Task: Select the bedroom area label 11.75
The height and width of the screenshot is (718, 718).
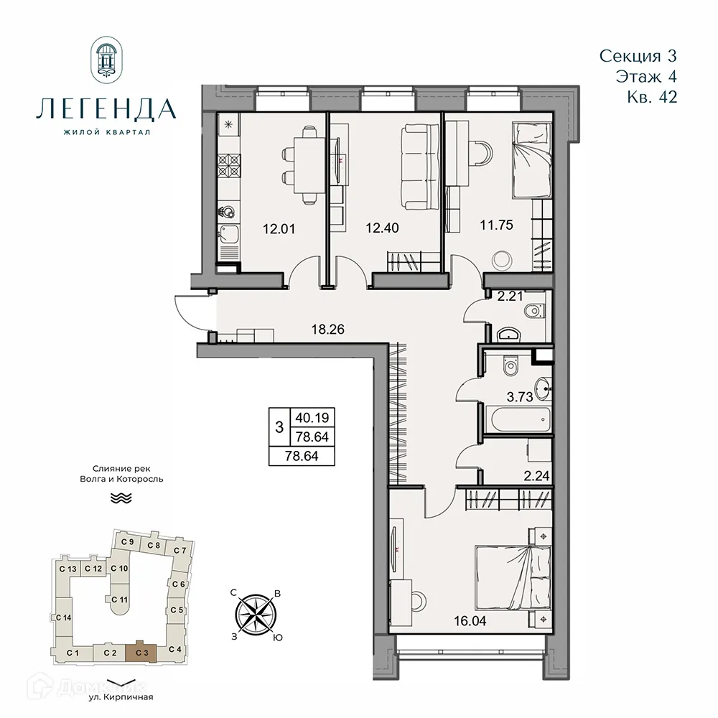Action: [495, 224]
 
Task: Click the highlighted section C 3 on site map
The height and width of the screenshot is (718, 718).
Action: [141, 652]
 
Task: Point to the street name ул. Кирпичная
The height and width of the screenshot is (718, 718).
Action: [121, 696]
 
